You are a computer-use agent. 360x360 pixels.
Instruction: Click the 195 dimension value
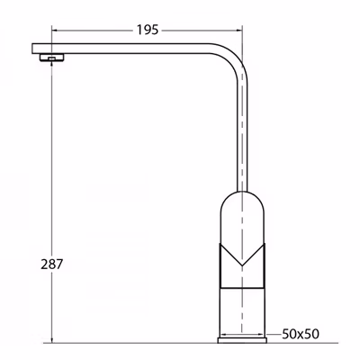(x=148, y=30)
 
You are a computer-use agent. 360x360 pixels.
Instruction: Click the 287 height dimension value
(x=52, y=265)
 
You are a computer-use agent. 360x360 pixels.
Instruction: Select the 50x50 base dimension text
(x=301, y=334)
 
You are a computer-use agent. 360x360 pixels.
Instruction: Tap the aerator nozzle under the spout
(x=51, y=58)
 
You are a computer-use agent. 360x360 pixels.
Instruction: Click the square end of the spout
(x=37, y=49)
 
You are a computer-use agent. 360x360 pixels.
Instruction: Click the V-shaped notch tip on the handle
(x=242, y=265)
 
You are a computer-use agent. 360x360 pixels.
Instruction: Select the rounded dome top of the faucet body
(x=242, y=193)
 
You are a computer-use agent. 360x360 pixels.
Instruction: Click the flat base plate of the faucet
(x=242, y=340)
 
